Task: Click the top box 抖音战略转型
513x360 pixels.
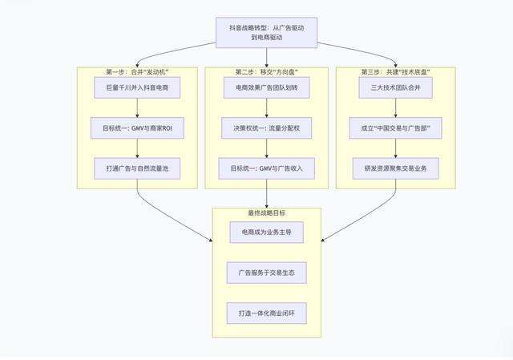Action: [266, 33]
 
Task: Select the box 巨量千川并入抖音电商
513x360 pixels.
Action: [138, 87]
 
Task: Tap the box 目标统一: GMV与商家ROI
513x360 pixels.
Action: [138, 127]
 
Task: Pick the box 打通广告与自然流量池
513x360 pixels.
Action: [138, 168]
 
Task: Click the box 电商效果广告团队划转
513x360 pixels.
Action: [266, 87]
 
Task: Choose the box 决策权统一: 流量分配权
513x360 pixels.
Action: [266, 127]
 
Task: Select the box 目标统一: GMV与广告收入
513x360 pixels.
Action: [266, 168]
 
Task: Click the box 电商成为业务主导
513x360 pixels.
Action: [266, 233]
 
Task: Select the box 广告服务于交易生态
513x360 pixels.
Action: [266, 273]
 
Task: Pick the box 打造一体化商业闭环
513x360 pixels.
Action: [266, 313]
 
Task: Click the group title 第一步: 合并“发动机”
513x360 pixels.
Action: [138, 71]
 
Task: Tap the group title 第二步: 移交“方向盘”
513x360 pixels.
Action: [266, 71]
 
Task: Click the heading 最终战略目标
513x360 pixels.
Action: [266, 213]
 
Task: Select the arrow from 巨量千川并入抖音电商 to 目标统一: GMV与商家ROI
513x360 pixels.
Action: [138, 107]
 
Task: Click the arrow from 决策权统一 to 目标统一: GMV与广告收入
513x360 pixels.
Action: [266, 148]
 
